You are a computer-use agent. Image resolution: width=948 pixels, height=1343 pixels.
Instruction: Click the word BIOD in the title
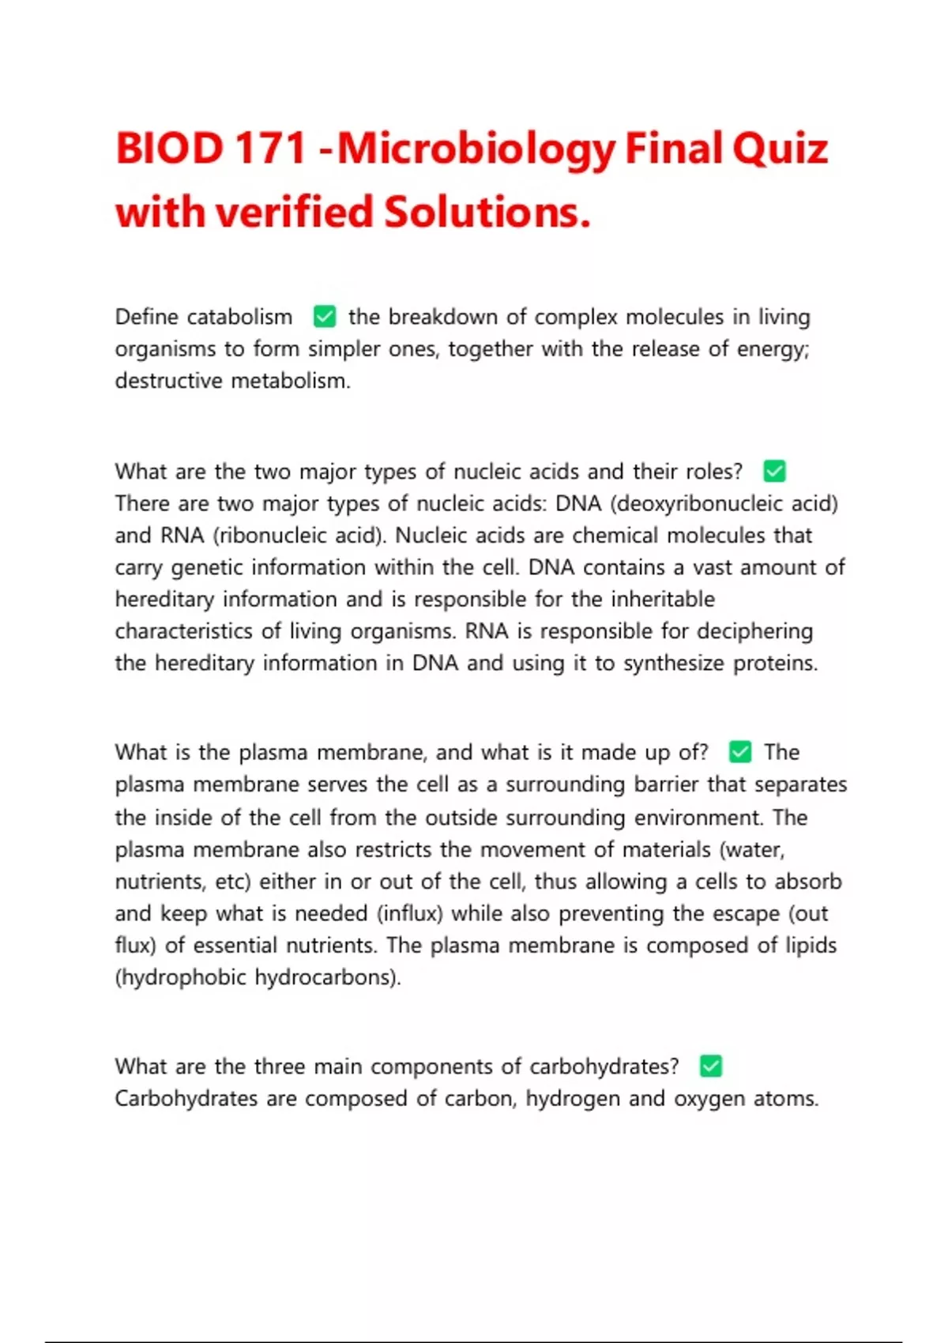pyautogui.click(x=170, y=149)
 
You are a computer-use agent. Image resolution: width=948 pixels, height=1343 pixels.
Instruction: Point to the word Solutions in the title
pyautogui.click(x=487, y=212)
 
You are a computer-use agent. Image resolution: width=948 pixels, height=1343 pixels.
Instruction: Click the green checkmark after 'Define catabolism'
pyautogui.click(x=325, y=317)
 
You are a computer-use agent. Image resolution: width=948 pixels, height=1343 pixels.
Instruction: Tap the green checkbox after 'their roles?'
pyautogui.click(x=774, y=472)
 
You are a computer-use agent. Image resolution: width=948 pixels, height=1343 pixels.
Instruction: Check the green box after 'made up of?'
pyautogui.click(x=739, y=752)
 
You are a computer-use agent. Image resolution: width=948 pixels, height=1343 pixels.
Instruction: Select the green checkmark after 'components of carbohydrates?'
pyautogui.click(x=710, y=1066)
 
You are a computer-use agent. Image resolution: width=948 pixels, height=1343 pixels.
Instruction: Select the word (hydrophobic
pyautogui.click(x=181, y=978)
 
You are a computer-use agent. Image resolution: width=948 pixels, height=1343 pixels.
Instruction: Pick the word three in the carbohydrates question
pyautogui.click(x=279, y=1066)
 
